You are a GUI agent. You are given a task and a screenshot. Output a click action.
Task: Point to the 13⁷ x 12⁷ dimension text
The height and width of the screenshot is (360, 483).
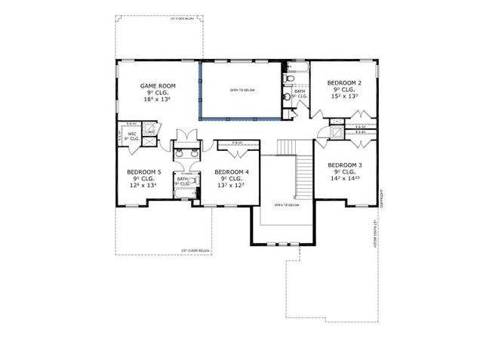click(x=232, y=184)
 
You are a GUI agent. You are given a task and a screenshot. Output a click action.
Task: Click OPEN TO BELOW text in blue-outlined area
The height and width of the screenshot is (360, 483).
click(x=242, y=90)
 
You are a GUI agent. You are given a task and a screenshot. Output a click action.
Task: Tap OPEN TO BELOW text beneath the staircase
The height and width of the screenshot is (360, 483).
click(x=288, y=205)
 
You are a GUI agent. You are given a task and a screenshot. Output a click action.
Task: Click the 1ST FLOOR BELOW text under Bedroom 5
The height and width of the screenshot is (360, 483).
click(x=194, y=250)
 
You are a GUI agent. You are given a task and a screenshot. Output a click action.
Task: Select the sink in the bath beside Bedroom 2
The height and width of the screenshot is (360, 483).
click(x=286, y=97)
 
